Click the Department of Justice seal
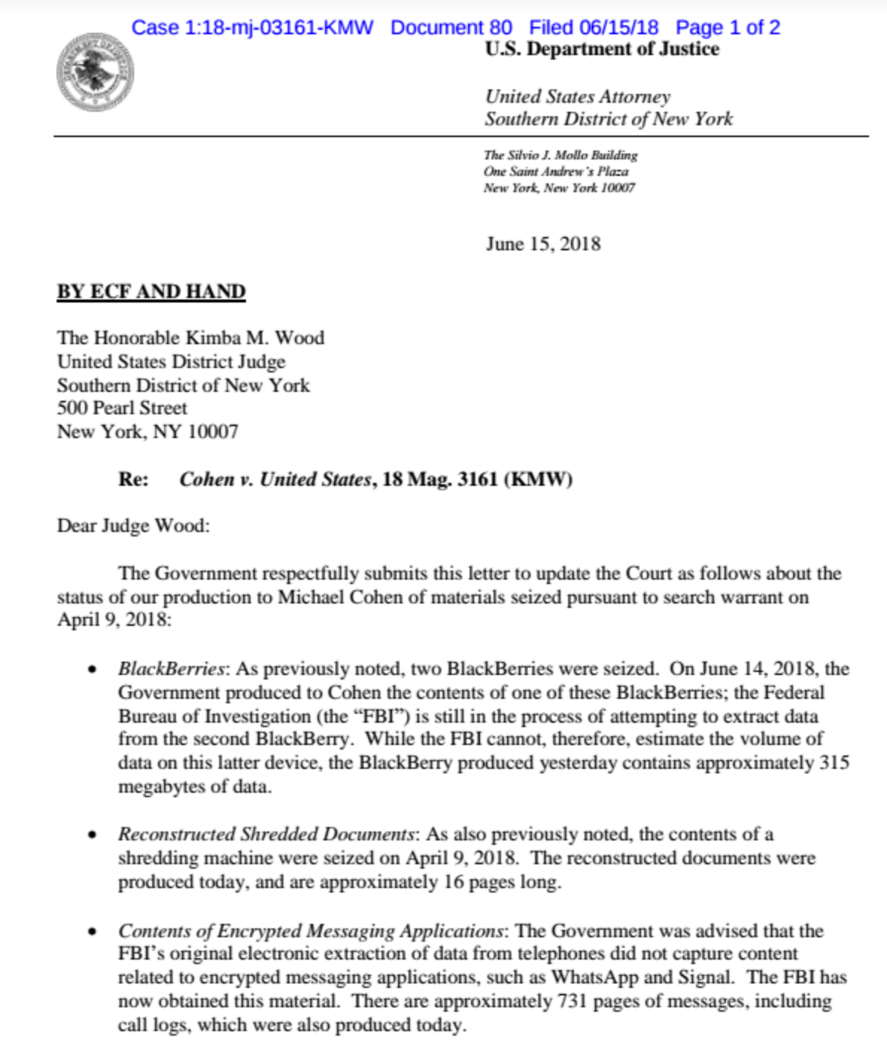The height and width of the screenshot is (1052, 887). point(95,72)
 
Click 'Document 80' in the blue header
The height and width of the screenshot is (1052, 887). point(451,28)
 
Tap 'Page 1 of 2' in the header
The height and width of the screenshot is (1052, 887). point(727,28)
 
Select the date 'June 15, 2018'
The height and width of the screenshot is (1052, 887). point(543,244)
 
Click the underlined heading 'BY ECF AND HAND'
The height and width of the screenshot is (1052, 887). point(151,291)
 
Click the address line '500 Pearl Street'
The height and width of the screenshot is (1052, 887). point(122,408)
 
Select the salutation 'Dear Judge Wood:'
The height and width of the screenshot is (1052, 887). point(133,526)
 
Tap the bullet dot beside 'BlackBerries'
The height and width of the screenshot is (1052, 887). point(92,669)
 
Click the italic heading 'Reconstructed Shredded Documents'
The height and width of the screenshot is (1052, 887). point(266,834)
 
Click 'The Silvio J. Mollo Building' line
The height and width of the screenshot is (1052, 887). point(561,155)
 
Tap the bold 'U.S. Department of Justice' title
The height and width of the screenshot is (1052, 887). point(602,49)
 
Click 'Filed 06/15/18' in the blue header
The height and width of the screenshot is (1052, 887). point(593,28)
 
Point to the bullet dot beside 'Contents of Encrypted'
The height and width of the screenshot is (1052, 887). point(92,931)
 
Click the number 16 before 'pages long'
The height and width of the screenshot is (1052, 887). point(454,882)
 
